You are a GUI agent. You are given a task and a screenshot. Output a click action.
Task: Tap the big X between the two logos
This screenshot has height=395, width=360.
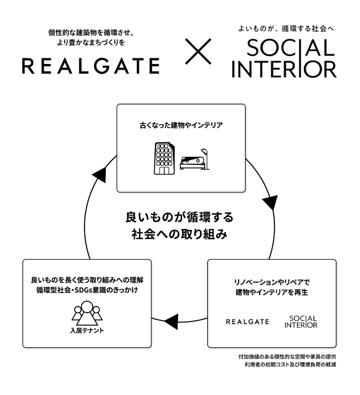[198, 51]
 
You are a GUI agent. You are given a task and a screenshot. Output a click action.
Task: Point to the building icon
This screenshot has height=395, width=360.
[164, 158]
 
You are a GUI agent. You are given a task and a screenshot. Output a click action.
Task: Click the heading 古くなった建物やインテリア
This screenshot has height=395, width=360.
[181, 125]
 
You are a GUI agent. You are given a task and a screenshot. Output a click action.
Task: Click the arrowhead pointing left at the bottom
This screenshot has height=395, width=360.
[171, 321]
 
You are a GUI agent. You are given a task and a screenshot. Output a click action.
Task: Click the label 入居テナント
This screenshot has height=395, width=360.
[87, 331]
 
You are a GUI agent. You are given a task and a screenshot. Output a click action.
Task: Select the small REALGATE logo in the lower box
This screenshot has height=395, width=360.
[247, 322]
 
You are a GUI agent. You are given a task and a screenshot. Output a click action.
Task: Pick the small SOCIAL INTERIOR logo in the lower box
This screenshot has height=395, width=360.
[301, 322]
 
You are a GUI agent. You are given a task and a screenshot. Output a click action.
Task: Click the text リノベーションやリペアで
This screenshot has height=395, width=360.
[272, 282]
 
